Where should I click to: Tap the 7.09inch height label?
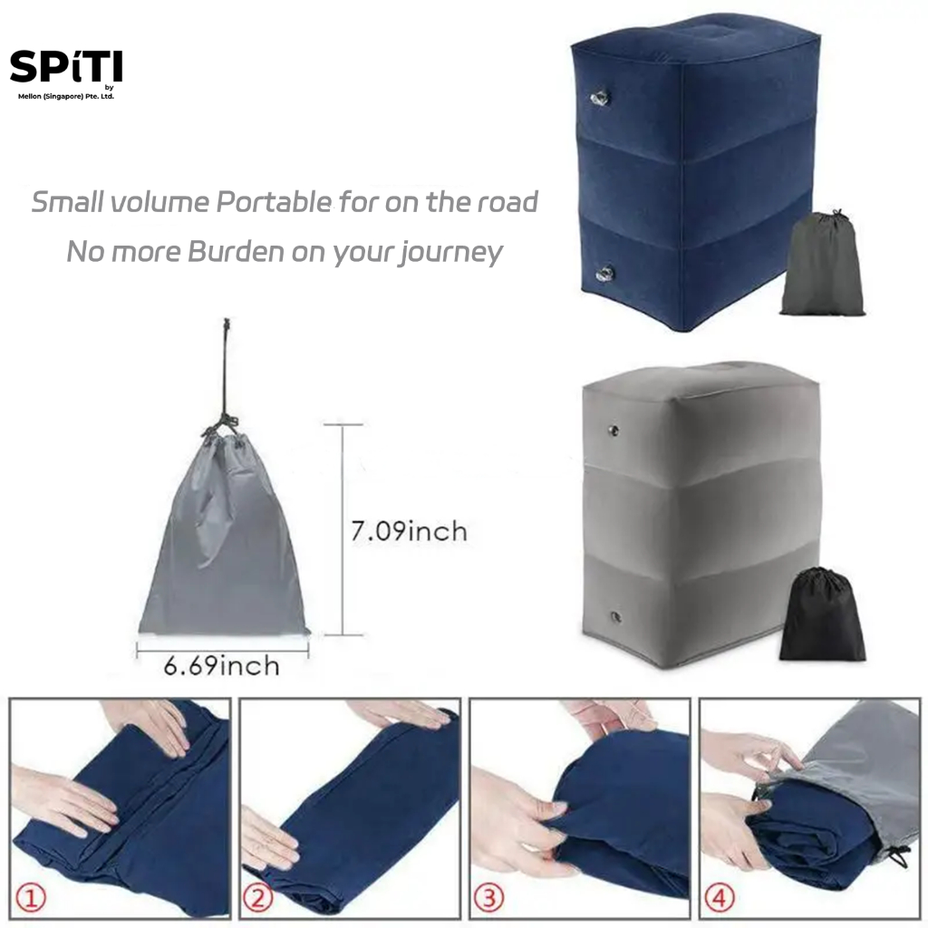409,531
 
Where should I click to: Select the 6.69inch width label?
221,666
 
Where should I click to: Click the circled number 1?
30,898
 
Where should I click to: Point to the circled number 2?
258,898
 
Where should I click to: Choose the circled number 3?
488,898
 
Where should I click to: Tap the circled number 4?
719,898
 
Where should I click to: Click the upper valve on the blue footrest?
600,98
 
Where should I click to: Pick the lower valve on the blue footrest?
604,274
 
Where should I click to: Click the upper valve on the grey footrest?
614,430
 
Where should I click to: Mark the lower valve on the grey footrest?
616,617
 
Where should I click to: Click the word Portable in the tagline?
274,202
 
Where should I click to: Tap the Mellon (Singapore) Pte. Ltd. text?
65,96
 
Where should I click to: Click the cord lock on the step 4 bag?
900,855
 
